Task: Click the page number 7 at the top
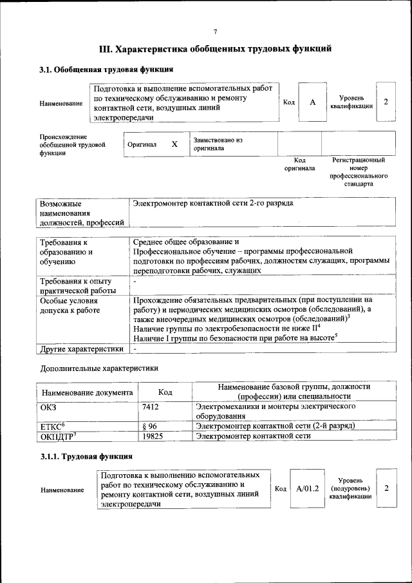[x=215, y=31]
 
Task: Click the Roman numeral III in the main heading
[x=106, y=48]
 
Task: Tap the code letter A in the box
[x=313, y=102]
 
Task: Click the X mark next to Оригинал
[x=174, y=144]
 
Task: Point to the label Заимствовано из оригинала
[x=218, y=143]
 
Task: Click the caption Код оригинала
[x=299, y=164]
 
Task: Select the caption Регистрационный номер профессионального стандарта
[x=358, y=171]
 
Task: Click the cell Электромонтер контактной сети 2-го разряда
[x=212, y=204]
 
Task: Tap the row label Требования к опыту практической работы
[x=76, y=286]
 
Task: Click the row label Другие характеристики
[x=81, y=349]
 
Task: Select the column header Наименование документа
[x=87, y=392]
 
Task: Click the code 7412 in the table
[x=151, y=407]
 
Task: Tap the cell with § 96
[x=149, y=426]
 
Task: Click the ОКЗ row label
[x=49, y=407]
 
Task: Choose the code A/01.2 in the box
[x=308, y=489]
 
